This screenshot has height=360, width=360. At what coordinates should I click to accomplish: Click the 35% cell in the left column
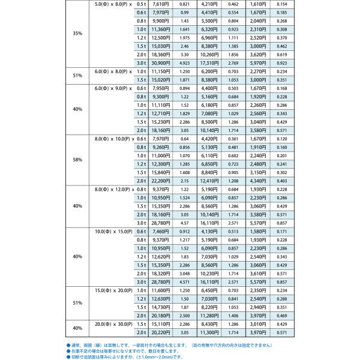pyautogui.click(x=77, y=33)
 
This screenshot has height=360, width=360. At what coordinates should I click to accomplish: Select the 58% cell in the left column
pyautogui.click(x=77, y=160)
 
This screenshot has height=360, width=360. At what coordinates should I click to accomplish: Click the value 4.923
pyautogui.click(x=185, y=62)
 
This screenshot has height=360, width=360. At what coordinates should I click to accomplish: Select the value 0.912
pyautogui.click(x=185, y=231)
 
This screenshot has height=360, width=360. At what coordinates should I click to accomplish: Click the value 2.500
pyautogui.click(x=185, y=316)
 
